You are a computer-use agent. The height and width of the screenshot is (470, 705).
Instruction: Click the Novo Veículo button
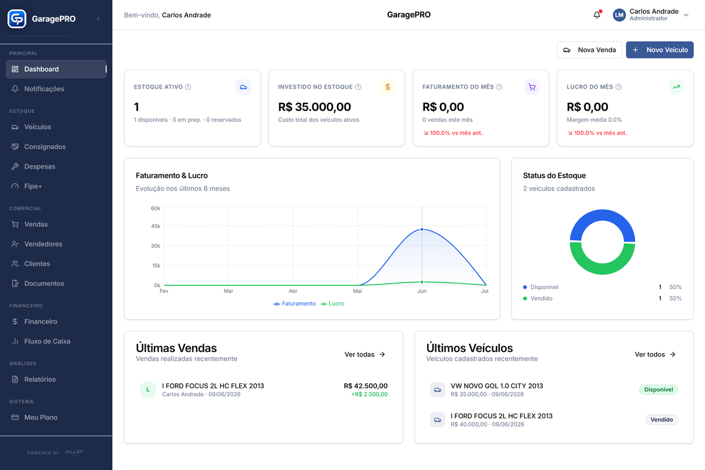tap(659, 50)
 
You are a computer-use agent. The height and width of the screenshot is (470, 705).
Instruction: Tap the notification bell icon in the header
tap(597, 15)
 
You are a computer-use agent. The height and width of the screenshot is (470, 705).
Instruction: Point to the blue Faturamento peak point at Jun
tap(422, 230)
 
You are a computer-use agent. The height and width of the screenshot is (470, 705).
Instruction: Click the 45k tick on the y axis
tap(156, 226)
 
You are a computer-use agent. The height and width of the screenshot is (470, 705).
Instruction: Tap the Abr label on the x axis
tap(293, 291)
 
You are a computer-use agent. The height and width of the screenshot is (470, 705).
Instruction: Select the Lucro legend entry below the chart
tap(332, 304)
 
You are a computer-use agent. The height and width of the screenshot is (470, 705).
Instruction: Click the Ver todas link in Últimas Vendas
tap(365, 354)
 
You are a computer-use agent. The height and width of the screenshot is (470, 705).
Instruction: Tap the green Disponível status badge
tap(659, 390)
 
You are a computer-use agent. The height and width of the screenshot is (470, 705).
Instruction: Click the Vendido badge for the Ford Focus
tap(662, 419)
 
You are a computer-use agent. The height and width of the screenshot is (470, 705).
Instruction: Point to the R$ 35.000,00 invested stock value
tap(314, 107)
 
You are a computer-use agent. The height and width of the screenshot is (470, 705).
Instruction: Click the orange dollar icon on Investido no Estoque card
tap(387, 87)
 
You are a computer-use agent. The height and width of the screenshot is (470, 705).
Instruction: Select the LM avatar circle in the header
tap(619, 15)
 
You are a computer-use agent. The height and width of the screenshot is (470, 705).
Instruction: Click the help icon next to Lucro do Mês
tap(619, 87)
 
